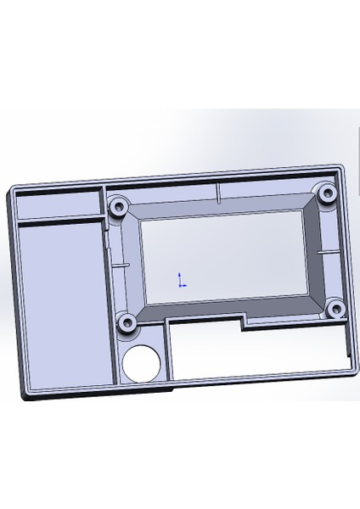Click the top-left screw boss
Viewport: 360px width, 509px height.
point(119,204)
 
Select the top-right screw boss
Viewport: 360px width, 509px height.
point(326,193)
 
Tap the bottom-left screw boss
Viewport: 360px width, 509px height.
point(128,322)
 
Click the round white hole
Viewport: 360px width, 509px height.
point(142,363)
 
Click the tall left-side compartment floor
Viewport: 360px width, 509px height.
point(64,305)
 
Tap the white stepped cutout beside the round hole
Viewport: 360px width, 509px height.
point(255,352)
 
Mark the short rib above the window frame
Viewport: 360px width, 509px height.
point(219,193)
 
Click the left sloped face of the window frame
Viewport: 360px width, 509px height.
point(134,263)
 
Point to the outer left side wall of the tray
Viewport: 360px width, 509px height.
point(11,288)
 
